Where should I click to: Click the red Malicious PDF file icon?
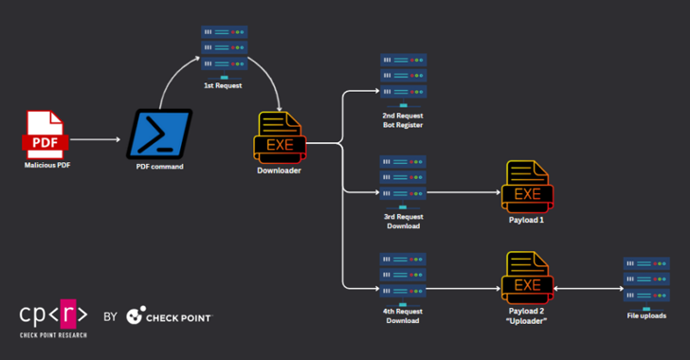click(45, 135)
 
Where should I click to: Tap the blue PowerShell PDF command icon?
click(160, 134)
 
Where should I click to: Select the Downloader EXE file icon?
click(279, 139)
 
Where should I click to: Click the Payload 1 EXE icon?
click(528, 186)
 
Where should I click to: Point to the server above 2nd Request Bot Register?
click(403, 79)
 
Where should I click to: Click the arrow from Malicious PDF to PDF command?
click(96, 139)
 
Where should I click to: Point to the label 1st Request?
click(225, 85)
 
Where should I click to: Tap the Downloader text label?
click(279, 171)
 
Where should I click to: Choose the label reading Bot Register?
click(403, 125)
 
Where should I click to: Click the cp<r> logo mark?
click(53, 315)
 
